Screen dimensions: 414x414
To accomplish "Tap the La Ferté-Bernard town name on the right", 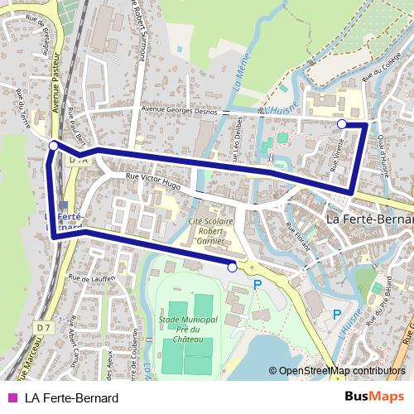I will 368,219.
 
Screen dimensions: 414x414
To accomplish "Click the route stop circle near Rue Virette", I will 342,123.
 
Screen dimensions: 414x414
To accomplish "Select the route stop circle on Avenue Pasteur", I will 53,145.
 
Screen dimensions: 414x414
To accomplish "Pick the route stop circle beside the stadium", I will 232,267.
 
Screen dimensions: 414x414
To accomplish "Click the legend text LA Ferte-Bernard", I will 71,398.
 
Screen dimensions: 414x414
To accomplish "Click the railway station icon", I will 64,205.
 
